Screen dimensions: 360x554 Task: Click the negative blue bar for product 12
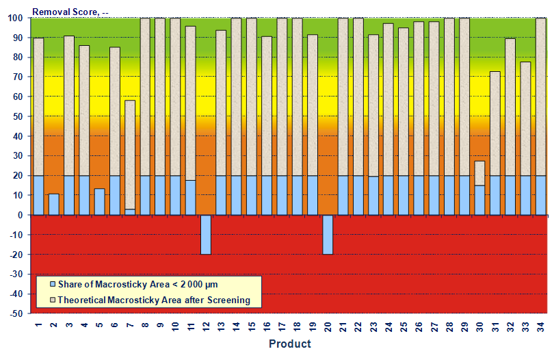click(x=206, y=234)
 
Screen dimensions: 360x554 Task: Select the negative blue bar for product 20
click(x=328, y=234)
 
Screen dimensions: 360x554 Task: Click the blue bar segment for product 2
click(x=54, y=204)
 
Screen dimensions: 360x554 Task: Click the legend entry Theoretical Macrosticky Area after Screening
click(x=153, y=300)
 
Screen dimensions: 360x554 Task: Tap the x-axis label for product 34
click(x=540, y=325)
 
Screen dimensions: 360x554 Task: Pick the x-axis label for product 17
click(x=282, y=325)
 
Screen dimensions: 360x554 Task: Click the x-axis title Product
click(x=289, y=344)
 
